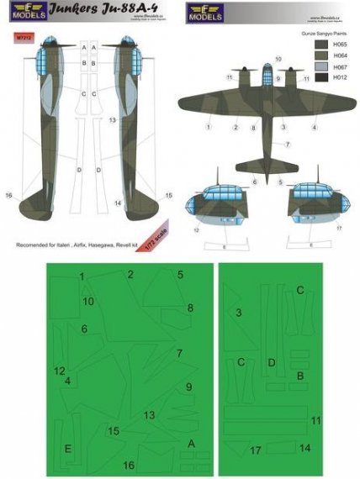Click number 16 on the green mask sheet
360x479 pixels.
tap(129, 466)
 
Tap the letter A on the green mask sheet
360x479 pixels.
tap(191, 443)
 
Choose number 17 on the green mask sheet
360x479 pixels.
tap(256, 450)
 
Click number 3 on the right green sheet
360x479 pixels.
tap(239, 313)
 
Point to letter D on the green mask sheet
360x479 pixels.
tap(271, 362)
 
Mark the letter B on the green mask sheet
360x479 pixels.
tap(300, 376)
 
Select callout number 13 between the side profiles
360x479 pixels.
tap(111, 121)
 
